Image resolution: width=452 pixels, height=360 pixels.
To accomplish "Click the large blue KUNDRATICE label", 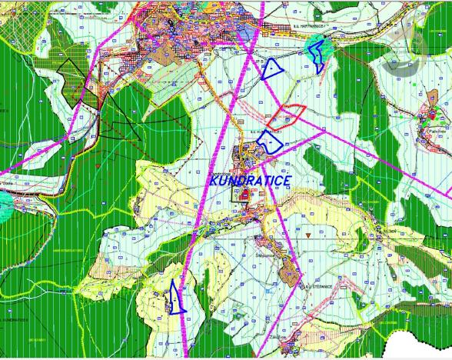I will click(250, 180).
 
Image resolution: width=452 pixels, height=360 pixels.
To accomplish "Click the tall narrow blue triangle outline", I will click(176, 297).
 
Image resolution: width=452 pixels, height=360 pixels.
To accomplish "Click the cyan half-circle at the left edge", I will click(5, 206).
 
